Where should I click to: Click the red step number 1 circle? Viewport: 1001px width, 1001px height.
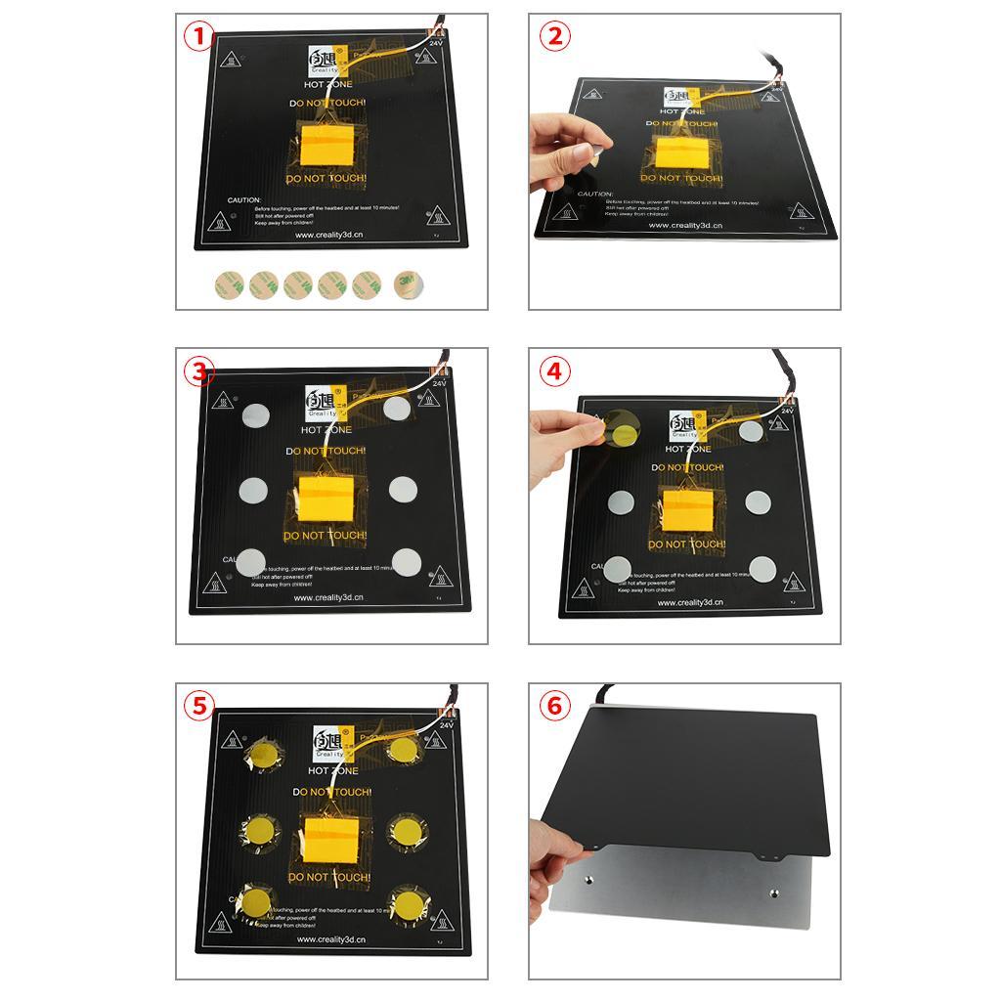click(x=199, y=37)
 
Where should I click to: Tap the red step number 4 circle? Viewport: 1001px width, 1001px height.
click(x=554, y=371)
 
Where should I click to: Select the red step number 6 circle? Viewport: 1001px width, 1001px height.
click(x=554, y=706)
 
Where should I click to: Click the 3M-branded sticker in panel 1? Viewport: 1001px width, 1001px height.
click(x=404, y=284)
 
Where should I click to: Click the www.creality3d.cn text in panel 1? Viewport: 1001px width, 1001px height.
click(x=330, y=235)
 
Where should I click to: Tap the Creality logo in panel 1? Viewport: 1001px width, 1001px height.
click(x=323, y=58)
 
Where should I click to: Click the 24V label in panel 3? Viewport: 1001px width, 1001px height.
click(x=437, y=383)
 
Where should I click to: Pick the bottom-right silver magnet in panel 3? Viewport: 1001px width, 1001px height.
click(x=406, y=561)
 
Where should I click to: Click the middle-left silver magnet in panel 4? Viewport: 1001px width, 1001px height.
click(x=621, y=502)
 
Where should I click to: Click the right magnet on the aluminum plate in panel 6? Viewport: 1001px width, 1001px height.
click(x=774, y=892)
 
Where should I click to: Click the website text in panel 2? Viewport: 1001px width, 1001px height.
click(x=684, y=225)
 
